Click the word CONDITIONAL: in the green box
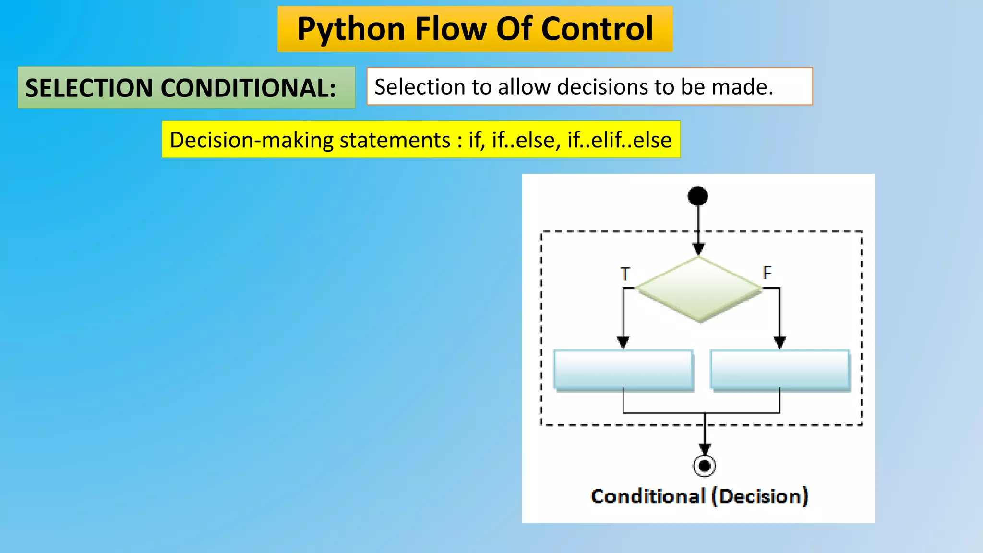click(248, 88)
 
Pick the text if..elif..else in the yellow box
click(619, 140)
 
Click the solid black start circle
click(698, 196)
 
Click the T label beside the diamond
click(625, 274)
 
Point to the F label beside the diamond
click(767, 273)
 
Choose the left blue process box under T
click(623, 369)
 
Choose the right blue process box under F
click(780, 369)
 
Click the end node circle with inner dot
click(705, 466)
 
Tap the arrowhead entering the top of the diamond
click(699, 249)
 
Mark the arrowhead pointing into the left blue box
click(623, 342)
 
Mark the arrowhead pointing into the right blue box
click(780, 342)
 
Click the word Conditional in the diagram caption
click(648, 496)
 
